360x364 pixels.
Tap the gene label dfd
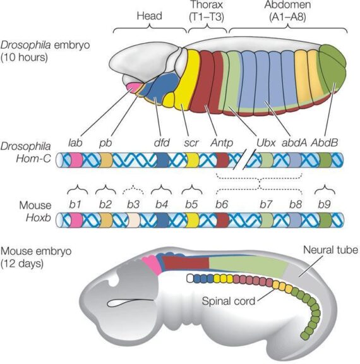(x=162, y=143)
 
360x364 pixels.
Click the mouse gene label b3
(x=133, y=205)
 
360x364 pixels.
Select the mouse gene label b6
(x=222, y=205)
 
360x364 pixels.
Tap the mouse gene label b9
(x=325, y=205)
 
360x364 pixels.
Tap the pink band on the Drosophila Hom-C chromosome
(x=76, y=160)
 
